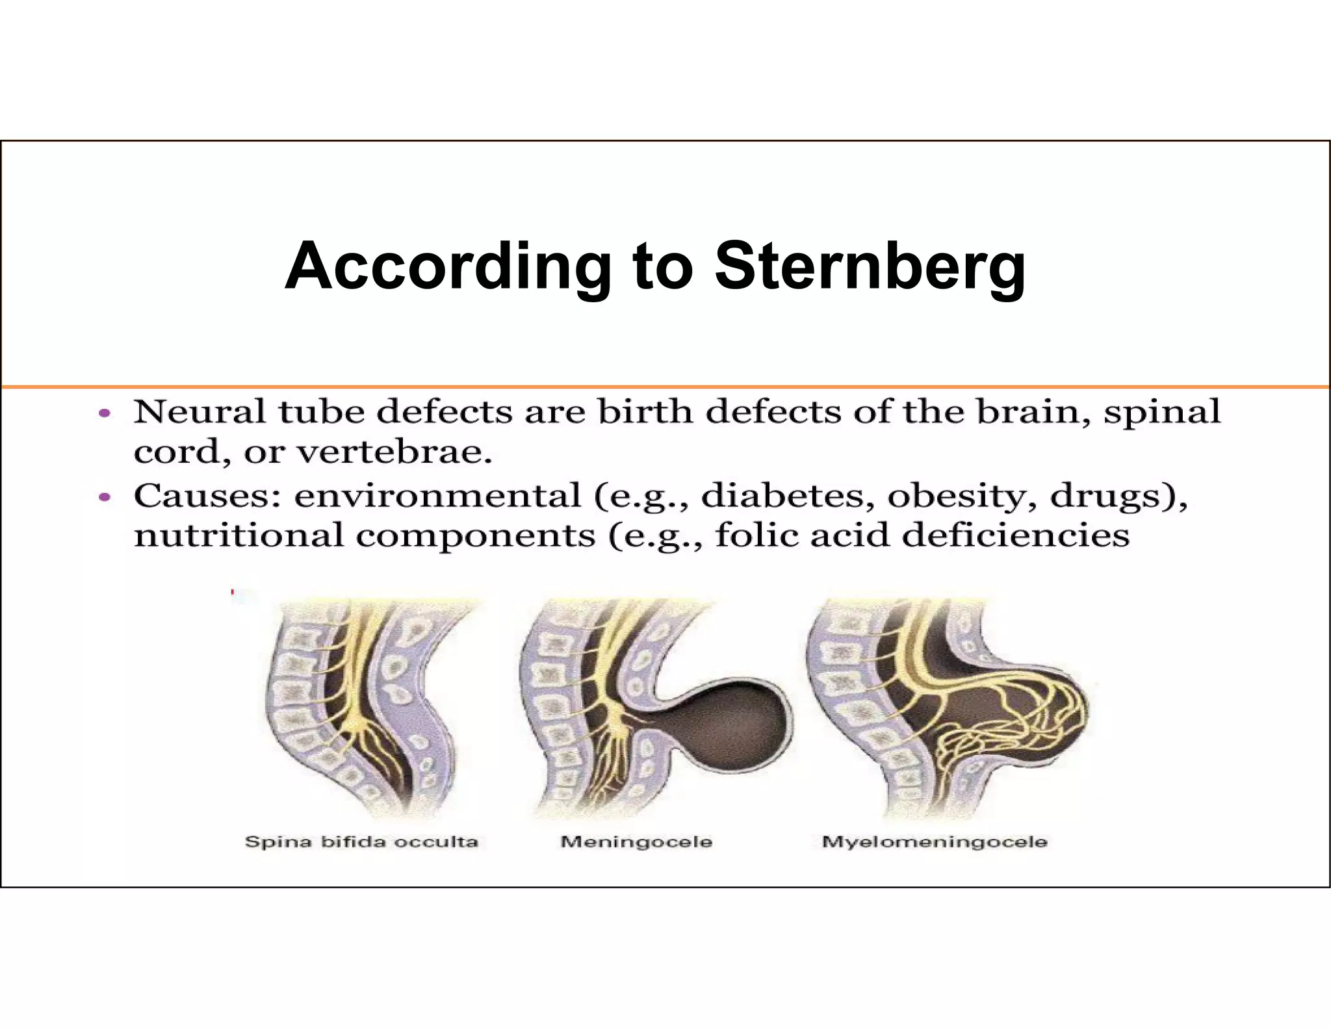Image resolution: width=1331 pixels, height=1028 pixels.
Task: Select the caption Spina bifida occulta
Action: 361,842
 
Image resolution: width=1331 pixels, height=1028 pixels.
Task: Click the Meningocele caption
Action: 636,842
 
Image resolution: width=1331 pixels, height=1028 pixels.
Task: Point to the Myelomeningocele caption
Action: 935,842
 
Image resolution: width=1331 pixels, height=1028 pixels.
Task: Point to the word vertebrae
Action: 394,452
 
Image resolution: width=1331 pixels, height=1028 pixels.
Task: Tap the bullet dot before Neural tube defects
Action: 104,413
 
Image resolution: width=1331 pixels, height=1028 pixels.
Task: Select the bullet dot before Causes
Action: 104,498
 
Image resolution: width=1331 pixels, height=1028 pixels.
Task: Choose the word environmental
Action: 437,496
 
